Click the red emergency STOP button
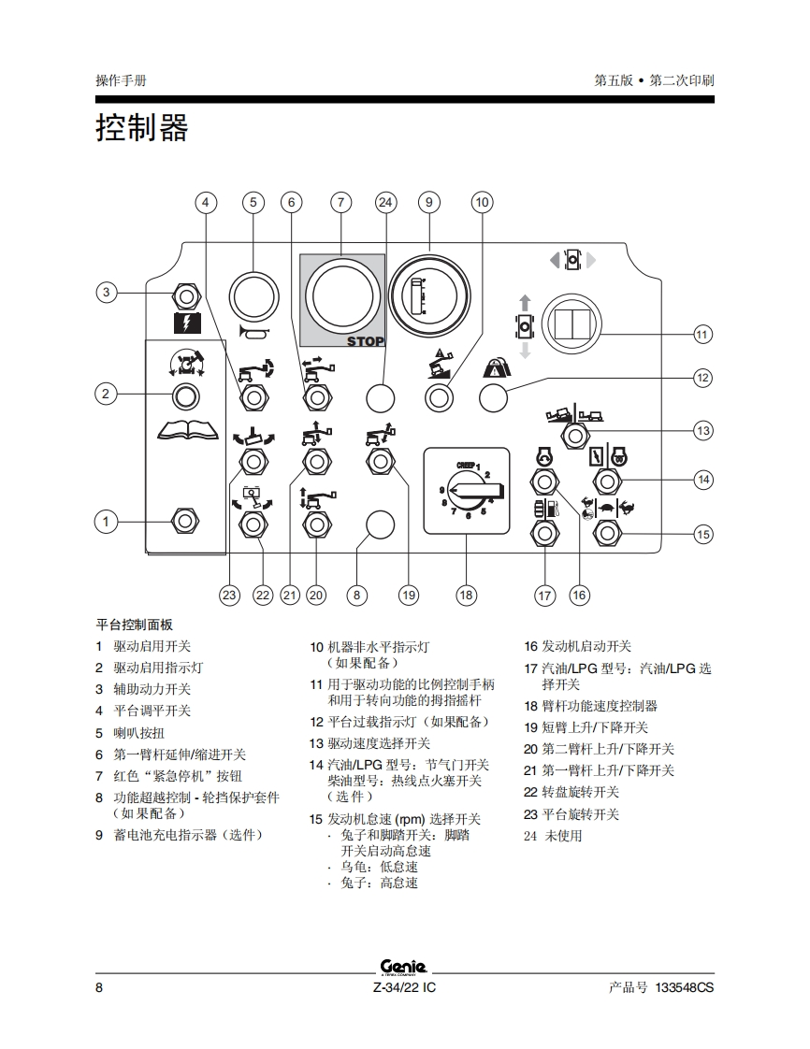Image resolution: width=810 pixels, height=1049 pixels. (x=341, y=298)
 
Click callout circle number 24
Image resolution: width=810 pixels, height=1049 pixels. (x=386, y=202)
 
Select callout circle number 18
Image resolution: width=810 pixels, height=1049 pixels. (x=466, y=595)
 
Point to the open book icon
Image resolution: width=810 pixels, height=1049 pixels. (x=187, y=430)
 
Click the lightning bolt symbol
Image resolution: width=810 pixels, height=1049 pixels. (x=187, y=324)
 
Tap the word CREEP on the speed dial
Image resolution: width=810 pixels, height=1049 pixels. (x=465, y=464)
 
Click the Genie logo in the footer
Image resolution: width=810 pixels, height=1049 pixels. (x=404, y=966)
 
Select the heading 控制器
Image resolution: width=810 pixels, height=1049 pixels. (x=142, y=127)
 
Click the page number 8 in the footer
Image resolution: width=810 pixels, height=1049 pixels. (x=99, y=987)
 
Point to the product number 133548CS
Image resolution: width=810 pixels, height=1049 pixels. (x=685, y=987)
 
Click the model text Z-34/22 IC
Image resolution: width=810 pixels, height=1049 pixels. (x=404, y=987)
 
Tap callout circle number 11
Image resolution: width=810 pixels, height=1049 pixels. (x=702, y=334)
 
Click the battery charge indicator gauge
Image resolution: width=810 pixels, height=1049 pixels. (x=429, y=298)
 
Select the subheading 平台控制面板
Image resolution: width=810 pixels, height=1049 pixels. (x=135, y=625)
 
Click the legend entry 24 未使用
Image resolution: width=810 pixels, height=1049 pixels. (x=553, y=836)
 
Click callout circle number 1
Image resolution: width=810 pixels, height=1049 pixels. (x=107, y=521)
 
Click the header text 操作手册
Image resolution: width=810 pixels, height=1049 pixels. (x=122, y=80)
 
